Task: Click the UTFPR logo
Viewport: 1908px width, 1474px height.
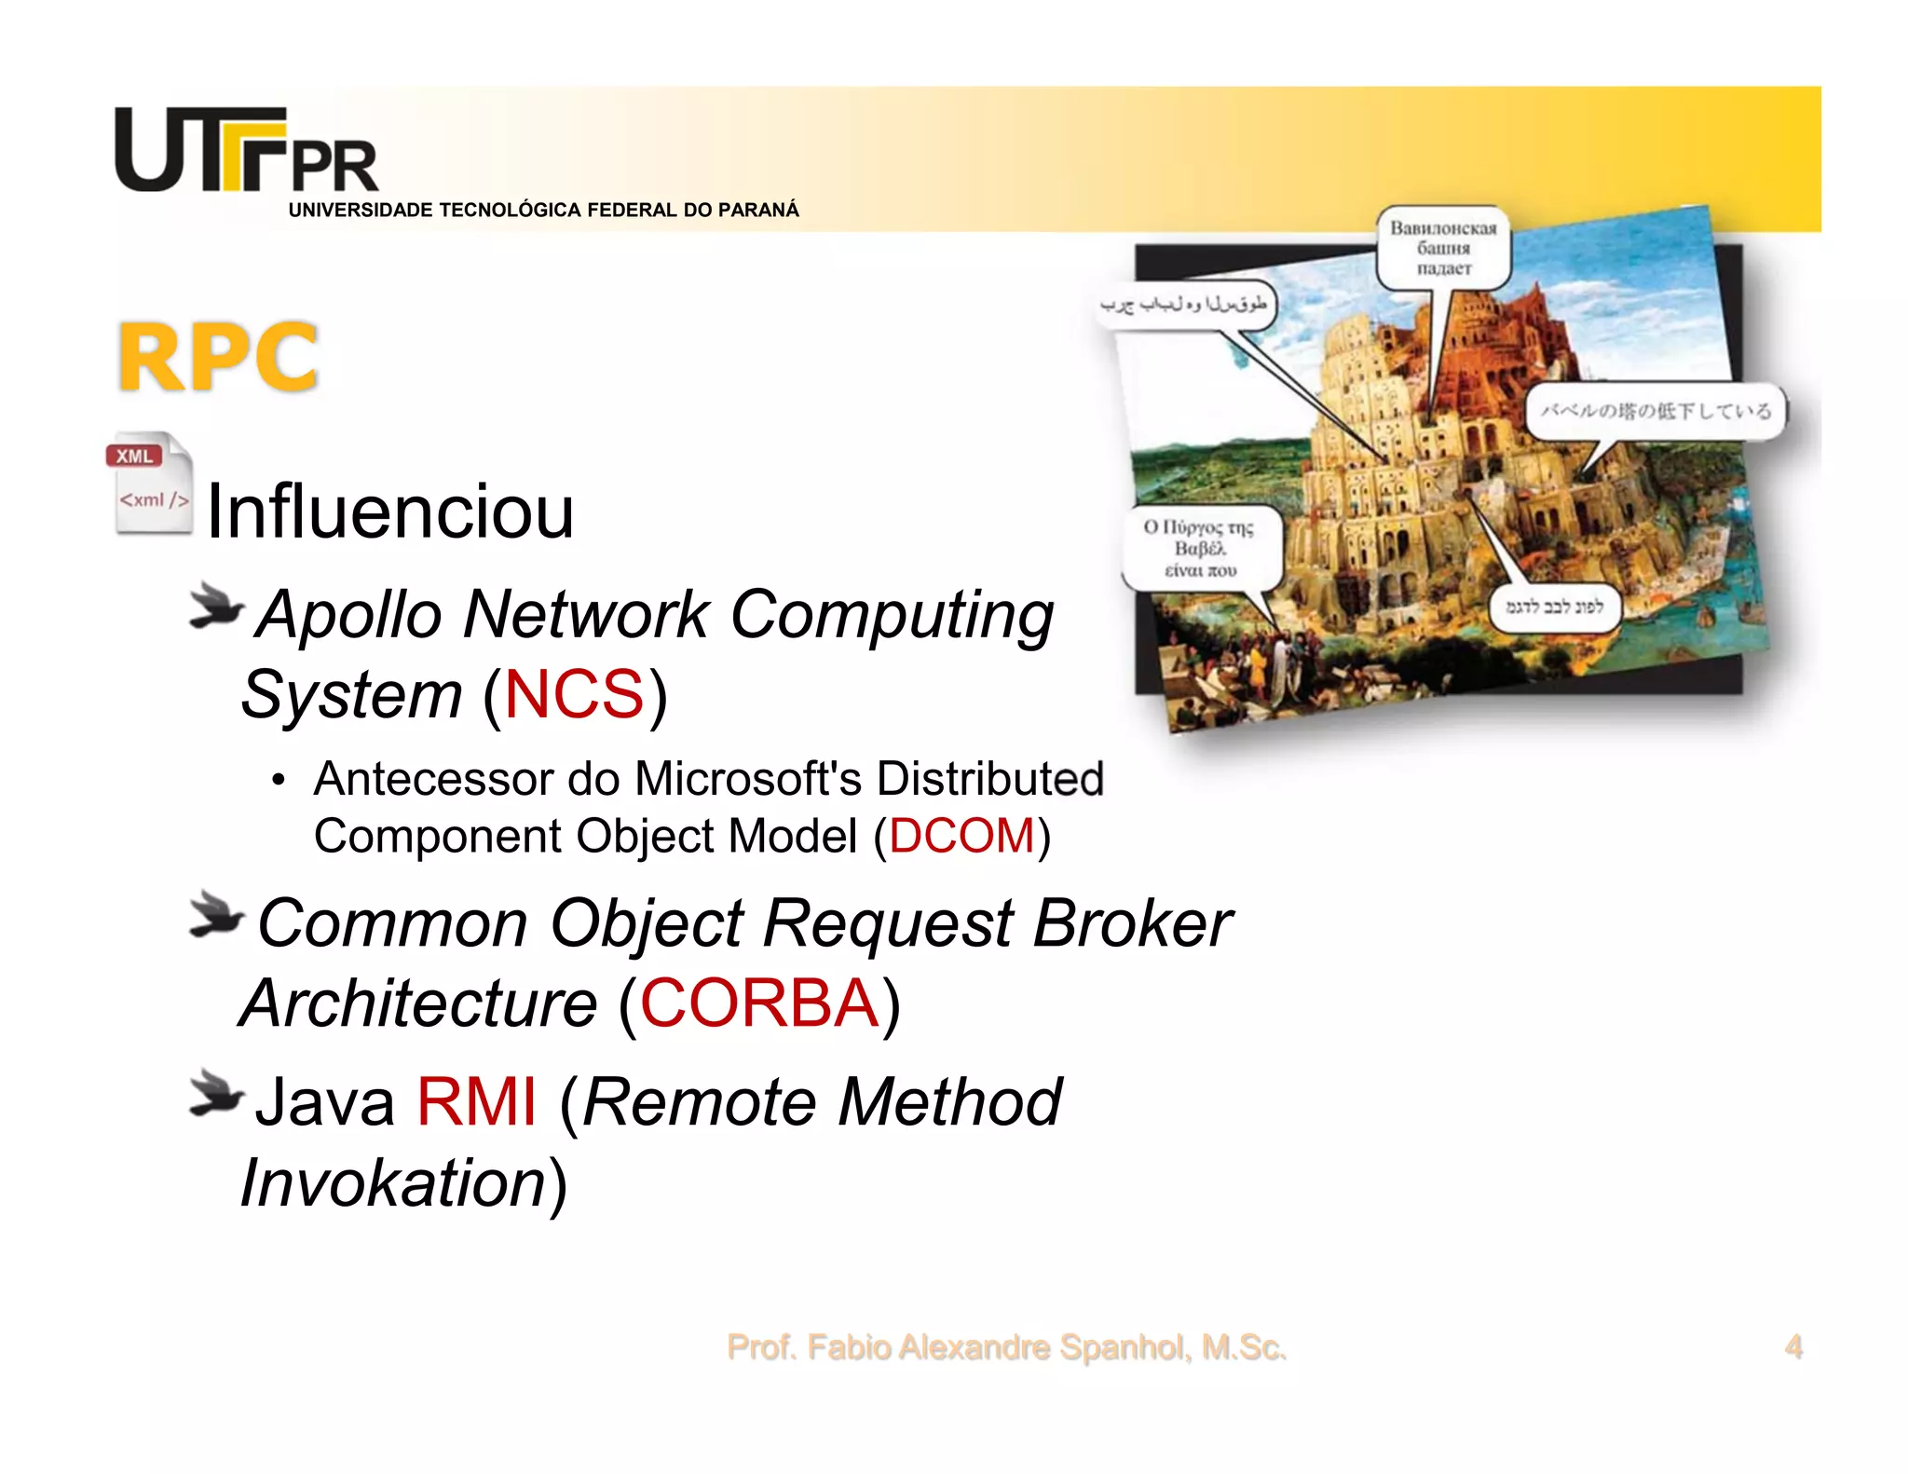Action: click(x=246, y=151)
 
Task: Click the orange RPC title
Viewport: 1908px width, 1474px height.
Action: click(x=219, y=357)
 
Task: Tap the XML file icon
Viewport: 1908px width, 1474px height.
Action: click(x=150, y=483)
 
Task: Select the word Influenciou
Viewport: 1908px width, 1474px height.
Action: click(x=389, y=512)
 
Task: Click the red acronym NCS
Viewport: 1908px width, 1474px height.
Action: click(x=574, y=695)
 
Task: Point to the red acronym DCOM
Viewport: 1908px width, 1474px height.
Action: click(x=961, y=836)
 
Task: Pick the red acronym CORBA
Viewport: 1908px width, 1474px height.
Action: click(x=759, y=1003)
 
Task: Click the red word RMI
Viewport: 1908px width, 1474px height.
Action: click(x=476, y=1102)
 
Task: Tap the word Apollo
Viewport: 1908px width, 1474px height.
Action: click(x=349, y=615)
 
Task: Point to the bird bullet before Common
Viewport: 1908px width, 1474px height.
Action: click(x=215, y=915)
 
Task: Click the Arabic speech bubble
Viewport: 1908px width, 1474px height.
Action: click(x=1183, y=305)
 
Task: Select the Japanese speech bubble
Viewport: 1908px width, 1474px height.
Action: click(x=1656, y=410)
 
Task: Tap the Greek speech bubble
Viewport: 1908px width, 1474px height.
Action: click(x=1200, y=549)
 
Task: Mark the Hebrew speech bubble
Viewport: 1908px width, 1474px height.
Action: click(x=1554, y=607)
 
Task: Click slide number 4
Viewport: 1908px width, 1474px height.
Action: click(x=1792, y=1347)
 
